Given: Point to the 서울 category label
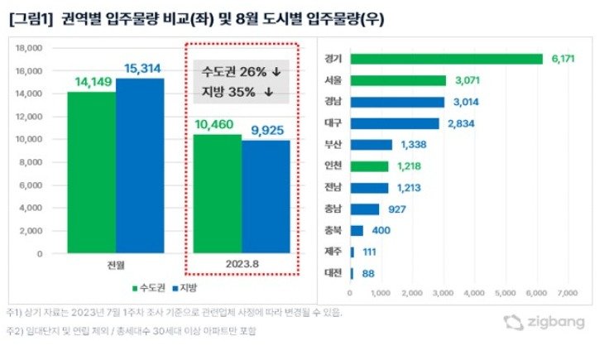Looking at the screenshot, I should point(334,81).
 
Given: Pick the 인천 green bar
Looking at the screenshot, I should point(369,166).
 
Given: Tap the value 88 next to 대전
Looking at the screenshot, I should point(367,273).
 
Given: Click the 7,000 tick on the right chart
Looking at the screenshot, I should point(567,292).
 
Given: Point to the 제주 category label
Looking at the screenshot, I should point(334,252).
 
